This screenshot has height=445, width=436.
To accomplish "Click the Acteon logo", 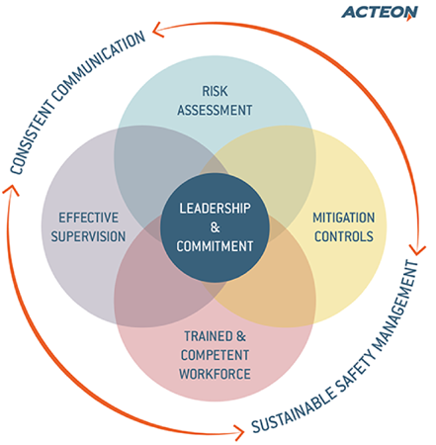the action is pyautogui.click(x=380, y=13).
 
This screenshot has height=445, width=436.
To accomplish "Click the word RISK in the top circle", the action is pyautogui.click(x=215, y=91).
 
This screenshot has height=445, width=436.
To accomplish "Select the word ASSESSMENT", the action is pyautogui.click(x=215, y=110).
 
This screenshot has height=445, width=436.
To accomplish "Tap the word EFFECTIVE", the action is pyautogui.click(x=89, y=218).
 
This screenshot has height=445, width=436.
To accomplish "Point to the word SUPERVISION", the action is pyautogui.click(x=88, y=236).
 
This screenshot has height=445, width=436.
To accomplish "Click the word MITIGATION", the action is pyautogui.click(x=344, y=218).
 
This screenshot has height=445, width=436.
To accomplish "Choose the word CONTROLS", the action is pyautogui.click(x=344, y=236).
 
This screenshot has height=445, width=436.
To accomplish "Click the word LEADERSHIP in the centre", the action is pyautogui.click(x=215, y=209).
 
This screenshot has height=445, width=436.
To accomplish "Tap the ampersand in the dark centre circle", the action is pyautogui.click(x=215, y=227).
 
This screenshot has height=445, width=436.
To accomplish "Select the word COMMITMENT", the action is pyautogui.click(x=215, y=246).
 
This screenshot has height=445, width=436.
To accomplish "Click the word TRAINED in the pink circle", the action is pyautogui.click(x=209, y=336).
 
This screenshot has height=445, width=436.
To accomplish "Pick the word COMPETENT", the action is pyautogui.click(x=215, y=355).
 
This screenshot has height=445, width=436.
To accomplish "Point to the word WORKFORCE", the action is pyautogui.click(x=215, y=374).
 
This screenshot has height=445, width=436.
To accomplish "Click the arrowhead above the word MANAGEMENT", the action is pyautogui.click(x=417, y=250).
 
